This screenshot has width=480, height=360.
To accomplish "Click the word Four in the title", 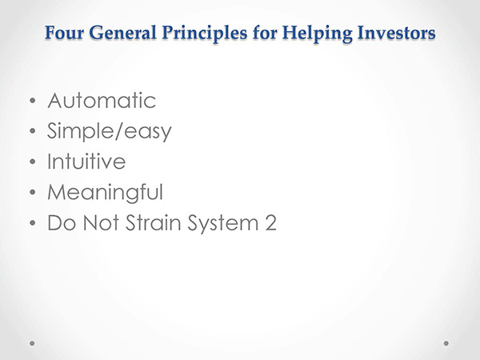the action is coord(64,33).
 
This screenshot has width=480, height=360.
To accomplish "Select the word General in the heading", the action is coord(123,33).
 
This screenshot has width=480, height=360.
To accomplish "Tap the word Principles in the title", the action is coord(204,34).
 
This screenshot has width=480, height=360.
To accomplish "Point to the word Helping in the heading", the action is coord(317,34).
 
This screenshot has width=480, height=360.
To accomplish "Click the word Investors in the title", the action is coord(396,33).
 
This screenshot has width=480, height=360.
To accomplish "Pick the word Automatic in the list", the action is coord(102,101).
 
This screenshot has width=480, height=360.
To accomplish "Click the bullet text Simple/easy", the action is coord(110,131).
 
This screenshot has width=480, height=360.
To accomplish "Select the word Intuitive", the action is coord(86,161).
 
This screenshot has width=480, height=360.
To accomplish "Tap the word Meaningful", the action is coord(105,193).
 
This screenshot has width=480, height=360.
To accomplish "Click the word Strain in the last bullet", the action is coord(154,222).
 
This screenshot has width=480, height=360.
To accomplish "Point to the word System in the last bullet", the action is coord(223,223).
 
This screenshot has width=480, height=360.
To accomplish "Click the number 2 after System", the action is coord(270,222).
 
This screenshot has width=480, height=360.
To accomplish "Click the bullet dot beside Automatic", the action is coord(33,101).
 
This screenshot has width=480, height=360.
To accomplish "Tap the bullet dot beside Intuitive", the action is coord(33,162).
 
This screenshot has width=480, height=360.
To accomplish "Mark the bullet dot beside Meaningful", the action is coord(33,192).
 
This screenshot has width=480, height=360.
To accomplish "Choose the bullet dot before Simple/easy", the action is coord(33,131).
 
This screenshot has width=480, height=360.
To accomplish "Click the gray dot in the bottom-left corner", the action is coord(32,343).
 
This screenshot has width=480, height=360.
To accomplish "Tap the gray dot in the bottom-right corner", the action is coord(446,343).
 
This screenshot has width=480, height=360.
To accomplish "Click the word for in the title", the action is coord(265,33).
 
